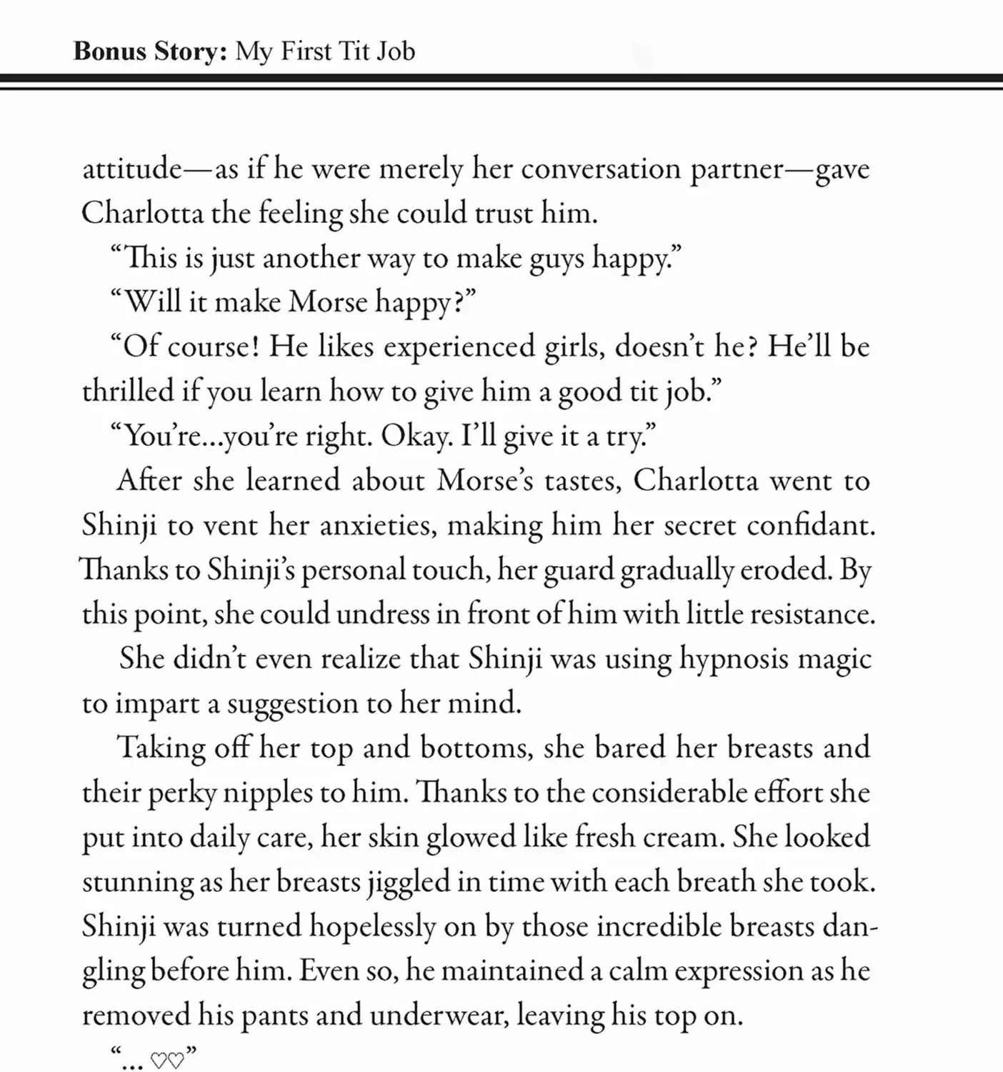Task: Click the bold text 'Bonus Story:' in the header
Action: [149, 51]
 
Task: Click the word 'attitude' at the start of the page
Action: [132, 169]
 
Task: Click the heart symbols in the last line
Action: [167, 1060]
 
